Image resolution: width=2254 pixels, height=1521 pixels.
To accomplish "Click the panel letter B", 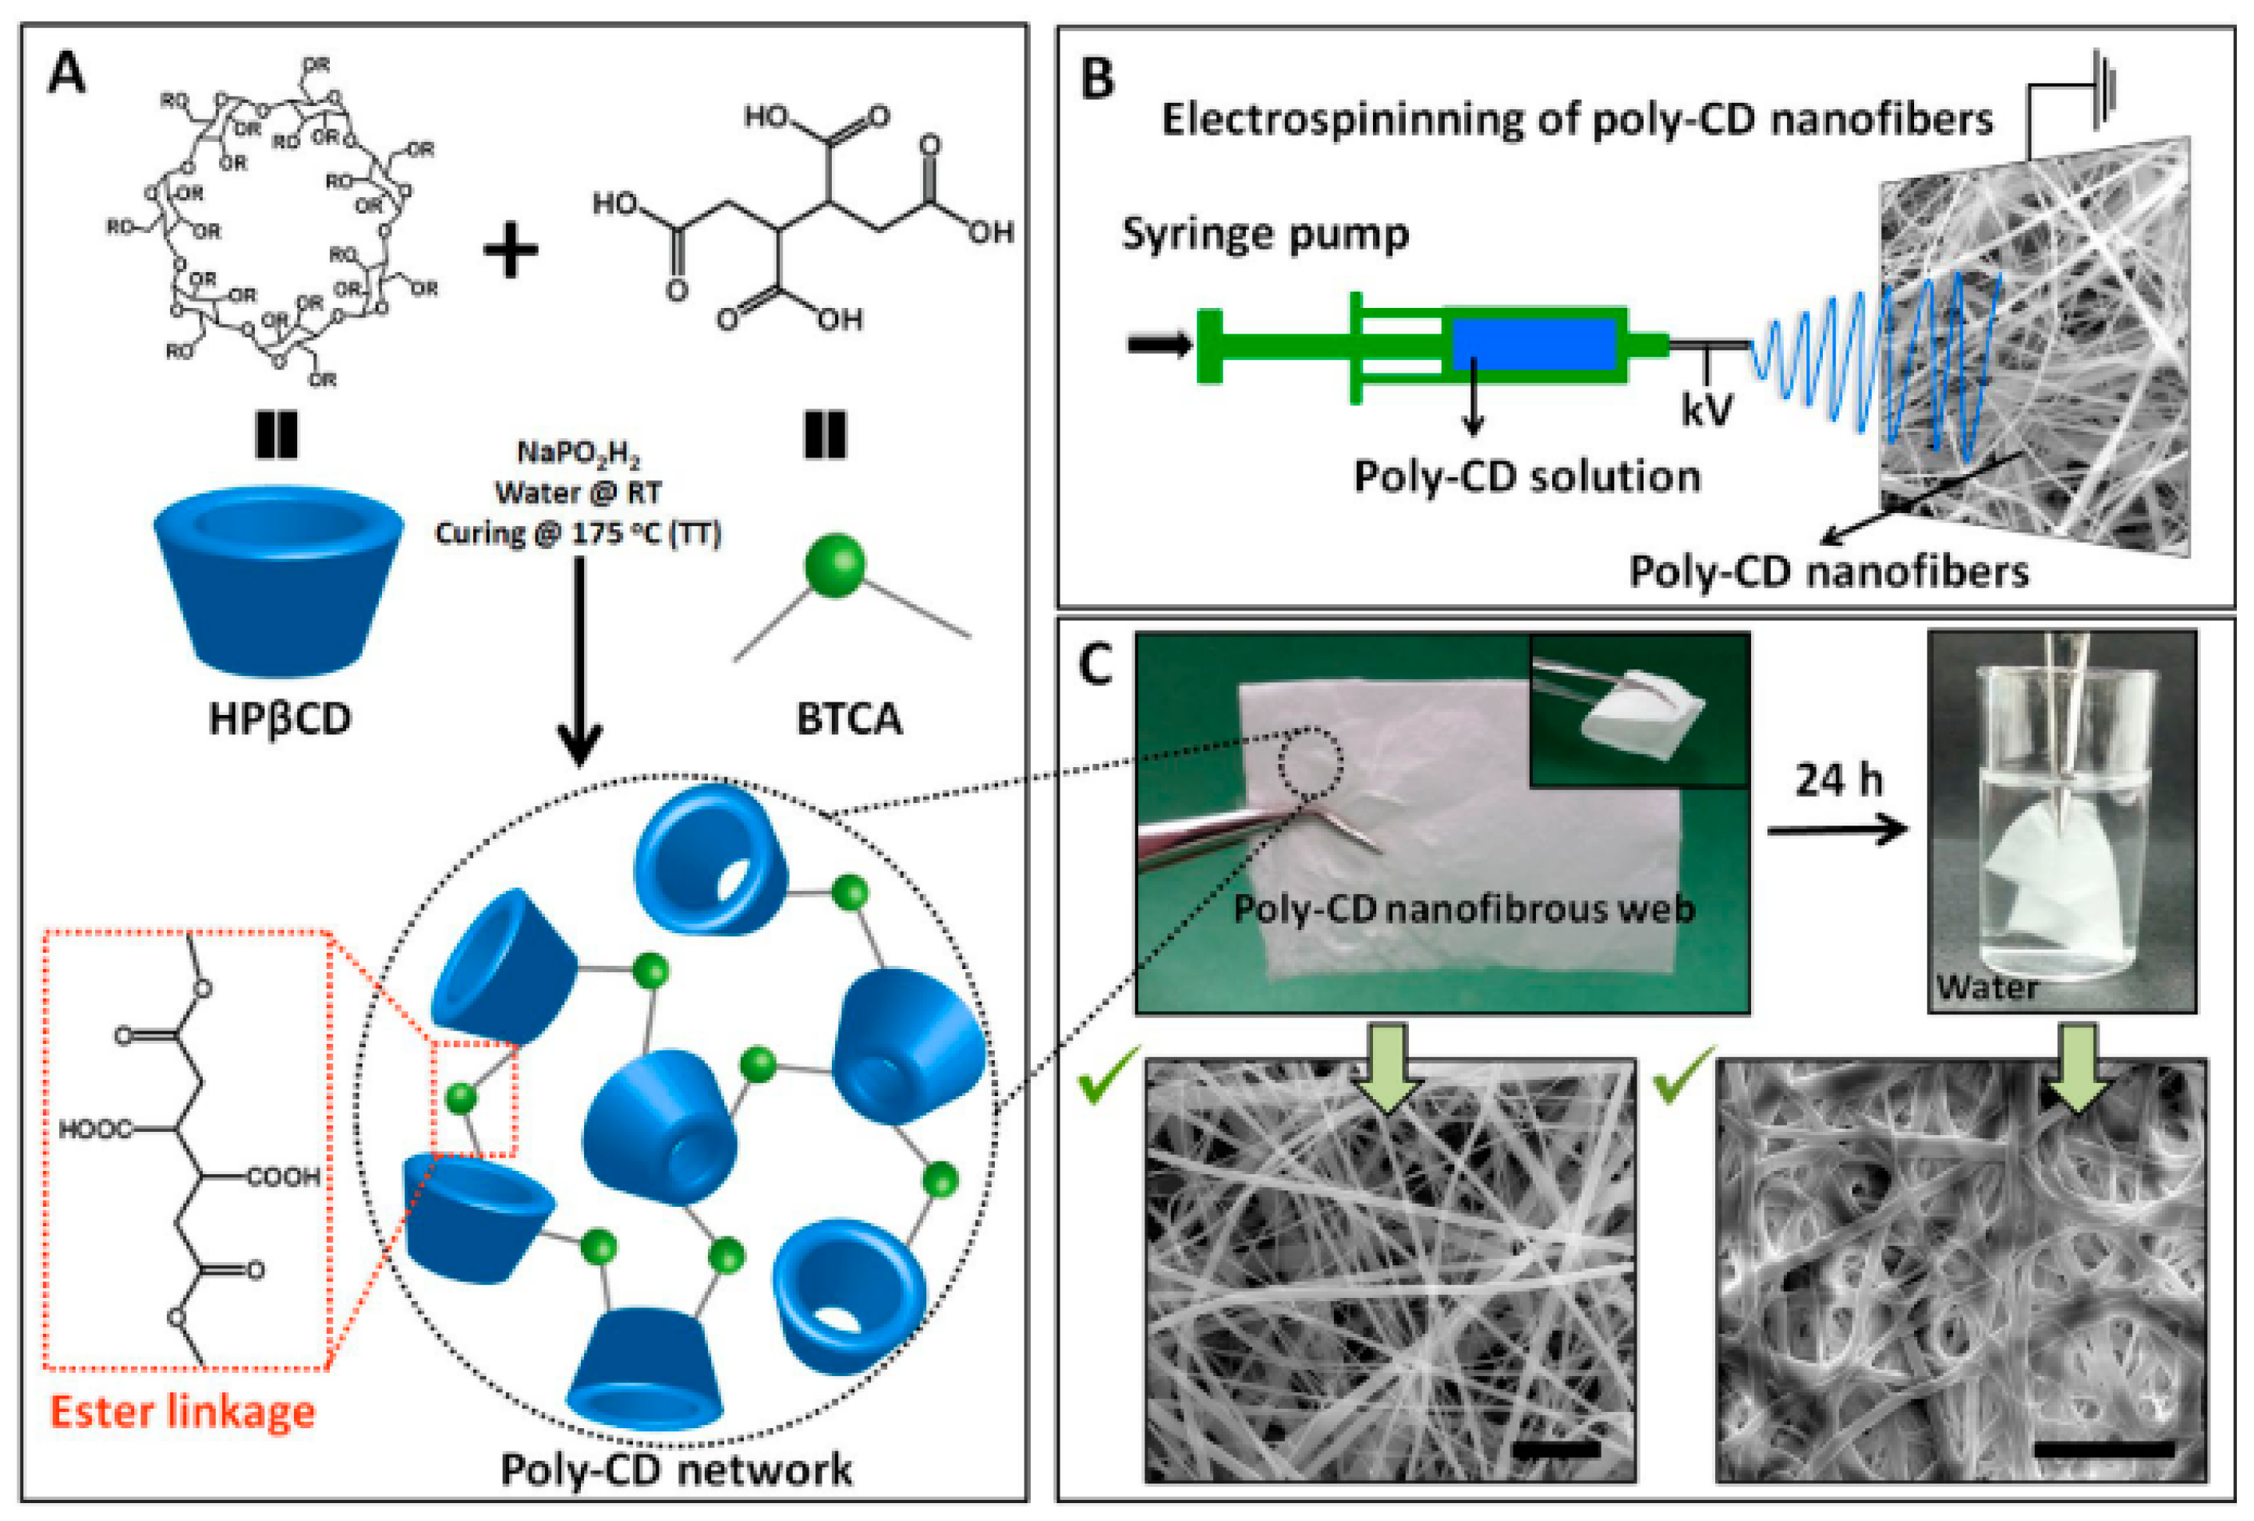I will point(1097,80).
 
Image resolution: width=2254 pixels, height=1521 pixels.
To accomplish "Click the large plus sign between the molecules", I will point(510,250).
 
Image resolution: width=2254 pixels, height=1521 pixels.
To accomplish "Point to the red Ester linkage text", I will point(182,1411).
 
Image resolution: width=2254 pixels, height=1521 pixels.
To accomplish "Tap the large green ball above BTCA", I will point(834,564).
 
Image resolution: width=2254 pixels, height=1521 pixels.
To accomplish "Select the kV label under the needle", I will point(1706,410).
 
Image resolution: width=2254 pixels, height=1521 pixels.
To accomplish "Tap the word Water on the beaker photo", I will point(1987,988).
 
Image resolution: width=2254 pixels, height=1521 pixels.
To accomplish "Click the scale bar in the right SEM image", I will point(2103,1449).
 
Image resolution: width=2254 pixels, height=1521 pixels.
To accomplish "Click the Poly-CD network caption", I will point(676,1470).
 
